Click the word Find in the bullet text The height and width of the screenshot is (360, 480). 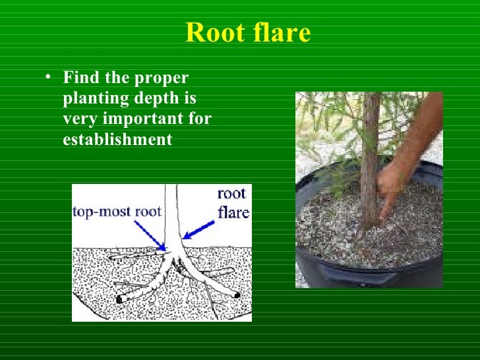(x=80, y=78)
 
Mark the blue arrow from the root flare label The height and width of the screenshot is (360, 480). (x=200, y=229)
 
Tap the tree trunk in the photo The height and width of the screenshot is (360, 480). (x=371, y=152)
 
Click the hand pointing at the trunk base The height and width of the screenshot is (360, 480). (x=390, y=188)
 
